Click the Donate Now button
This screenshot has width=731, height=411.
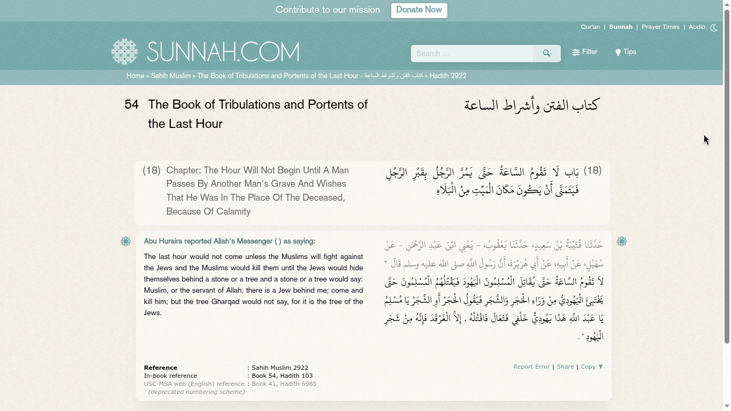click(x=419, y=10)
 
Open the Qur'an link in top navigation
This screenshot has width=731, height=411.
click(x=590, y=27)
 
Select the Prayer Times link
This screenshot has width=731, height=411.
click(x=660, y=27)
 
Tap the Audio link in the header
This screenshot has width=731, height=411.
click(x=697, y=27)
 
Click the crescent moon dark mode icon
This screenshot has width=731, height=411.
click(x=714, y=28)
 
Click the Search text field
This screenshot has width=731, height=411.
click(x=471, y=54)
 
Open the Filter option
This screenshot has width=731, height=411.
click(x=584, y=52)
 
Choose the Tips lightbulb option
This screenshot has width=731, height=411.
click(x=626, y=52)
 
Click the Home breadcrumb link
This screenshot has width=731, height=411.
click(x=135, y=76)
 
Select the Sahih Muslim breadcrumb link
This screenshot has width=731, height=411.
click(x=171, y=76)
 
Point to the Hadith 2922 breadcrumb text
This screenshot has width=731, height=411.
click(x=447, y=76)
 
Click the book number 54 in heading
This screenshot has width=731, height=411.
click(x=132, y=105)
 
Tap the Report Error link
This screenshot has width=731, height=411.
click(x=531, y=367)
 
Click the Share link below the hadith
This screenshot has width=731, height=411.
click(x=565, y=367)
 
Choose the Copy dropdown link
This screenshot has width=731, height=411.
click(x=592, y=367)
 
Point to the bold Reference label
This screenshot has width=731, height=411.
click(x=161, y=368)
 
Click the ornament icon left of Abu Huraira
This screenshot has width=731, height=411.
click(x=126, y=242)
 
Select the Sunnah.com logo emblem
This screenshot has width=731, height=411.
click(x=125, y=52)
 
